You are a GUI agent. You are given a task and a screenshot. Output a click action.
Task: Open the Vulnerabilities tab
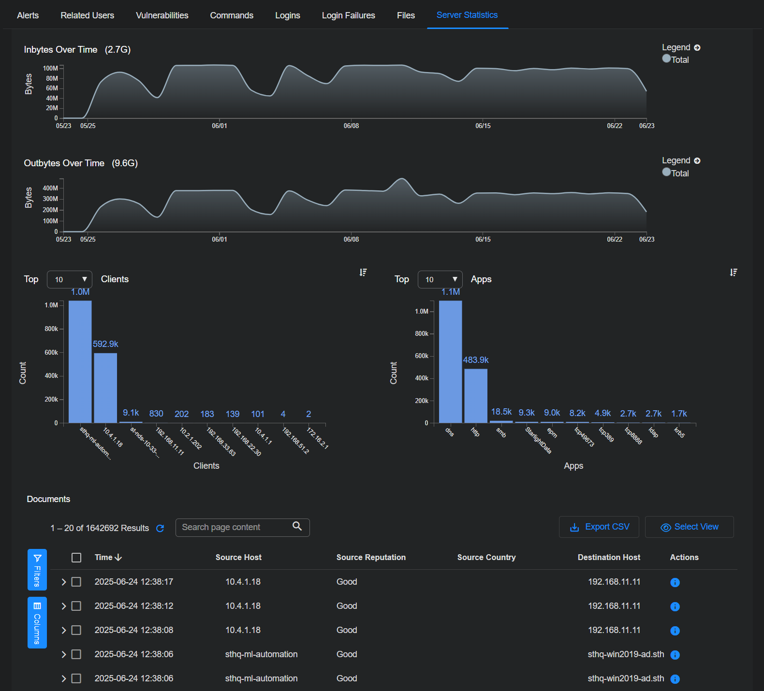pos(162,15)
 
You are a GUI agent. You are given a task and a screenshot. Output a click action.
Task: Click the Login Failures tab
pos(348,15)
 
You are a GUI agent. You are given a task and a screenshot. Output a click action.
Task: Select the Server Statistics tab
pos(467,15)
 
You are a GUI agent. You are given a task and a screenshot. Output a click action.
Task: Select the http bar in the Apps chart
pos(476,396)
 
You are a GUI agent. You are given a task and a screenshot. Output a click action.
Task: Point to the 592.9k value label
pos(105,344)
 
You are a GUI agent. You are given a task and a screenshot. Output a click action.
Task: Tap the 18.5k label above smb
pos(501,412)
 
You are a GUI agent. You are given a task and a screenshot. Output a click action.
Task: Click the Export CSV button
pos(599,527)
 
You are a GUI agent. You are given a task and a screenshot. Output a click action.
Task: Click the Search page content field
pos(235,527)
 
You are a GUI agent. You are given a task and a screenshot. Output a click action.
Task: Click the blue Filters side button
pos(37,570)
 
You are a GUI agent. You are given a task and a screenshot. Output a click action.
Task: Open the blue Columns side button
pos(37,622)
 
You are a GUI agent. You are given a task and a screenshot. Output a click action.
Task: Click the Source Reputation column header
pos(371,557)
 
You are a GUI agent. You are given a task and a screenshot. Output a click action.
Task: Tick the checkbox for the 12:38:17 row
pos(76,582)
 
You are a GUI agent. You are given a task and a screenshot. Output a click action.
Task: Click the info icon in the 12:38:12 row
pos(675,606)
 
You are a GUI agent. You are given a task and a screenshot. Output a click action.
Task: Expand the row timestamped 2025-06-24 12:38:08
pos(64,630)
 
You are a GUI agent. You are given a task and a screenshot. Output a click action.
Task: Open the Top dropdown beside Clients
pos(70,279)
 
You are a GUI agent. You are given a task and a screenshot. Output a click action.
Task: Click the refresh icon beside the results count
pos(160,528)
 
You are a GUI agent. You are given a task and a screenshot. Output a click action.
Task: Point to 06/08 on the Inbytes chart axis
pos(351,126)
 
